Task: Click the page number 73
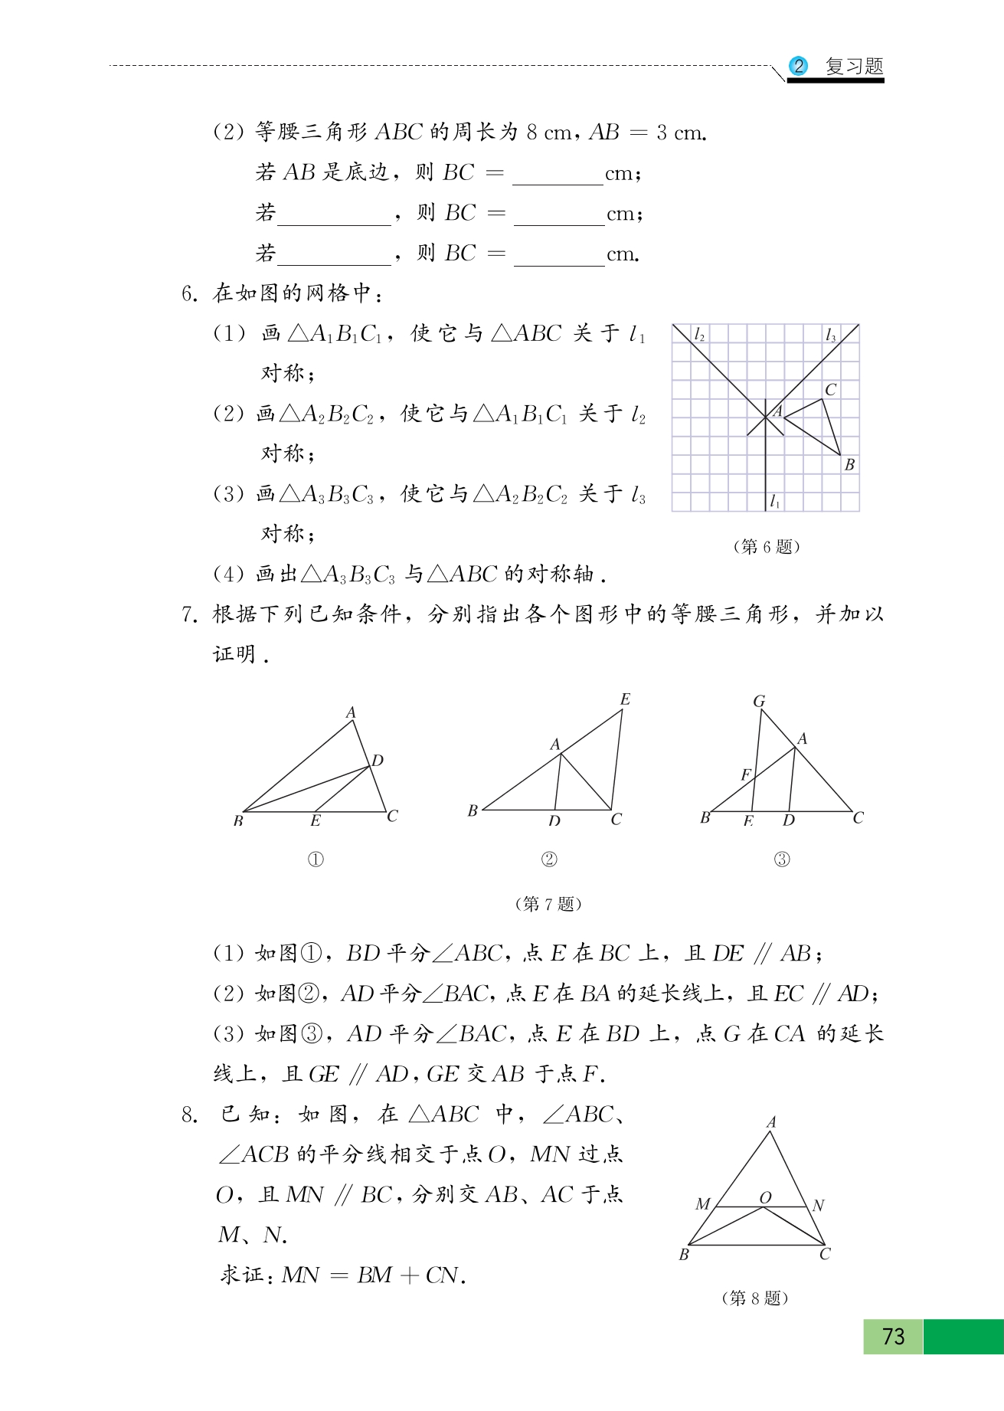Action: coord(893,1336)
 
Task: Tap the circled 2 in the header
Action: coord(798,66)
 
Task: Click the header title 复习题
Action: coord(854,66)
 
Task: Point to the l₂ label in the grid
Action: coord(699,335)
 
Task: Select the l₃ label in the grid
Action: coord(831,336)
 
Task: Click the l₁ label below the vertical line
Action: coord(775,501)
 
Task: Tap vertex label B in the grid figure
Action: coord(849,464)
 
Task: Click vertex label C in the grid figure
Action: coord(831,389)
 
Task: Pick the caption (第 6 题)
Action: coord(766,546)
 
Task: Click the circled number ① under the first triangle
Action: coord(316,859)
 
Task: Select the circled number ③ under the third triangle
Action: coord(781,859)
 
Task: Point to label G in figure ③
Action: coord(759,701)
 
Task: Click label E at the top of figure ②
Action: coord(625,699)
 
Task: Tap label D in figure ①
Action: coord(378,761)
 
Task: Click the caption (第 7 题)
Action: coord(548,904)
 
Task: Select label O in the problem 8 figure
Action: coord(765,1197)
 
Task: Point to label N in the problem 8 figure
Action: coord(818,1205)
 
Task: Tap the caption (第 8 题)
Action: coord(755,1298)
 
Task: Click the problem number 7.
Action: coord(189,614)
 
